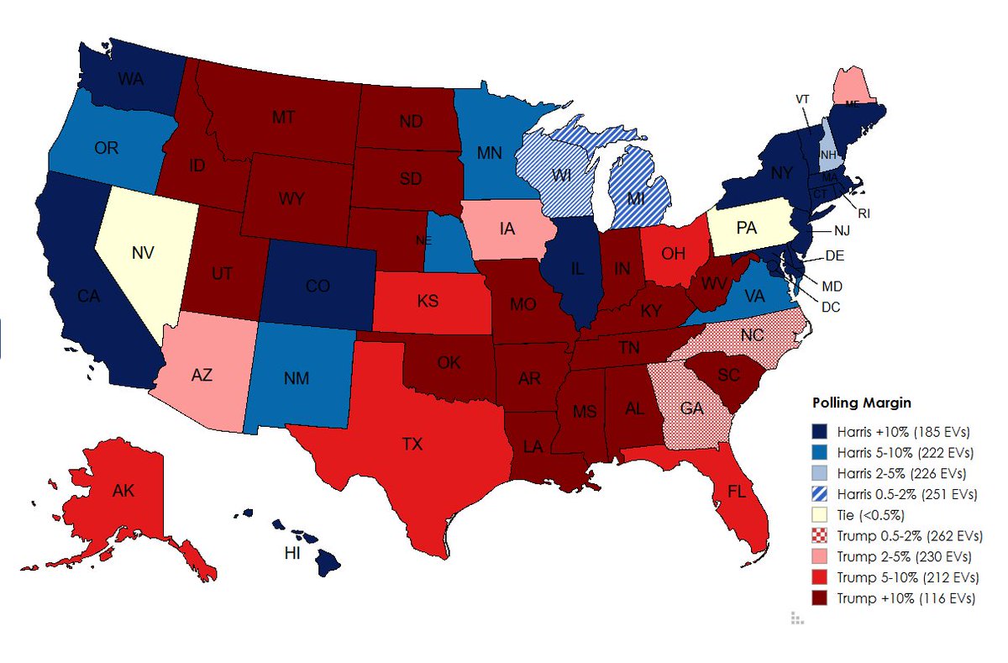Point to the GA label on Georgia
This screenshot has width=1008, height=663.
pos(692,408)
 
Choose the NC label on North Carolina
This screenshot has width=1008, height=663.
pos(752,334)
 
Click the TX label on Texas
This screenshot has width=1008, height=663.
pos(412,445)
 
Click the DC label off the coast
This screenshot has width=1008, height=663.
pos(830,308)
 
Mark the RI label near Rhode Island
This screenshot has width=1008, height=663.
pos(864,213)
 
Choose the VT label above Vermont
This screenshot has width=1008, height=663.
pos(803,98)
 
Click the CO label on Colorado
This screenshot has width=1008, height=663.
pos(317,287)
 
